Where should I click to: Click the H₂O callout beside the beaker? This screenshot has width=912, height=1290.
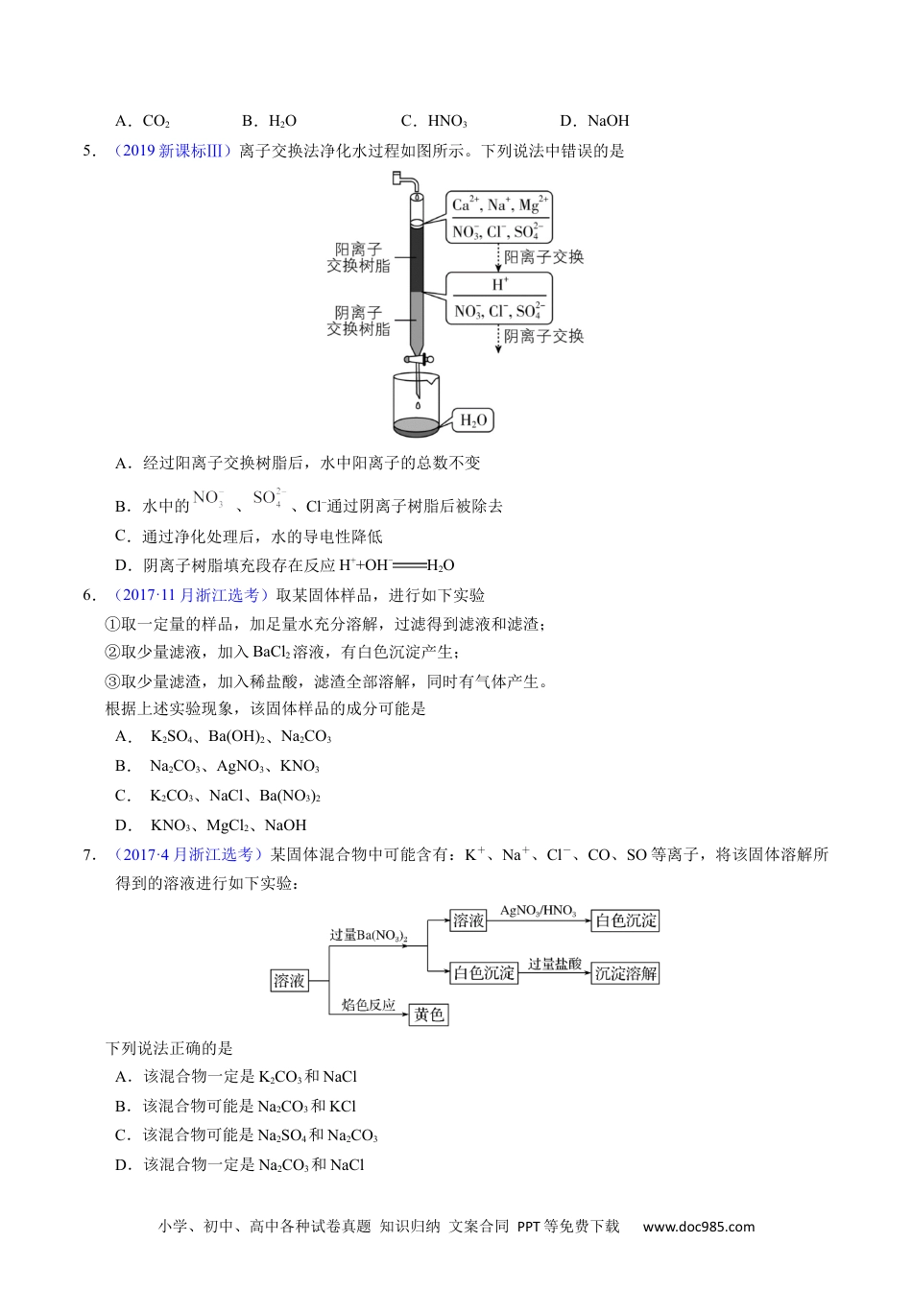point(474,419)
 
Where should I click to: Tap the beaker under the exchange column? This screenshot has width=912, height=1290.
point(417,403)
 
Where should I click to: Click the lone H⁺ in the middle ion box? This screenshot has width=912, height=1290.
point(500,284)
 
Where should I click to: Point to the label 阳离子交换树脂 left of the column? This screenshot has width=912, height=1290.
point(358,257)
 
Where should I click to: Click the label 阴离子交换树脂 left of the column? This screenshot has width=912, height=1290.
point(358,321)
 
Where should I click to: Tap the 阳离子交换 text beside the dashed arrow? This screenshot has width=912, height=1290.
point(543,257)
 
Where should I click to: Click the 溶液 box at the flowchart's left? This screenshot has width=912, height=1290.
point(289,980)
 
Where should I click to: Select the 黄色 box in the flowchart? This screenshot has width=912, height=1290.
point(429,1014)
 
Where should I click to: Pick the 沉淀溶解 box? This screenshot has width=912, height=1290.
point(626,972)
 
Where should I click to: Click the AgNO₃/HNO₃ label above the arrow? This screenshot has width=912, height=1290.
point(538,910)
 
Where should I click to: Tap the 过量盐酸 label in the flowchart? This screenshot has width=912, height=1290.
point(555,963)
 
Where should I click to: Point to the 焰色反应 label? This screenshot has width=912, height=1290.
point(369,1005)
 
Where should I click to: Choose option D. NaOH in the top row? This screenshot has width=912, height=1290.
point(594,121)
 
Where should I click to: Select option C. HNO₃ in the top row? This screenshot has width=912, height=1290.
point(434,121)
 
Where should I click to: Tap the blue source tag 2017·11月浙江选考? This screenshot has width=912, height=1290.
point(192,595)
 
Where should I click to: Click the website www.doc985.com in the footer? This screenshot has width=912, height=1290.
point(699,1226)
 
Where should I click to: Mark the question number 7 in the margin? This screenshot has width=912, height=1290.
point(89,854)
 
